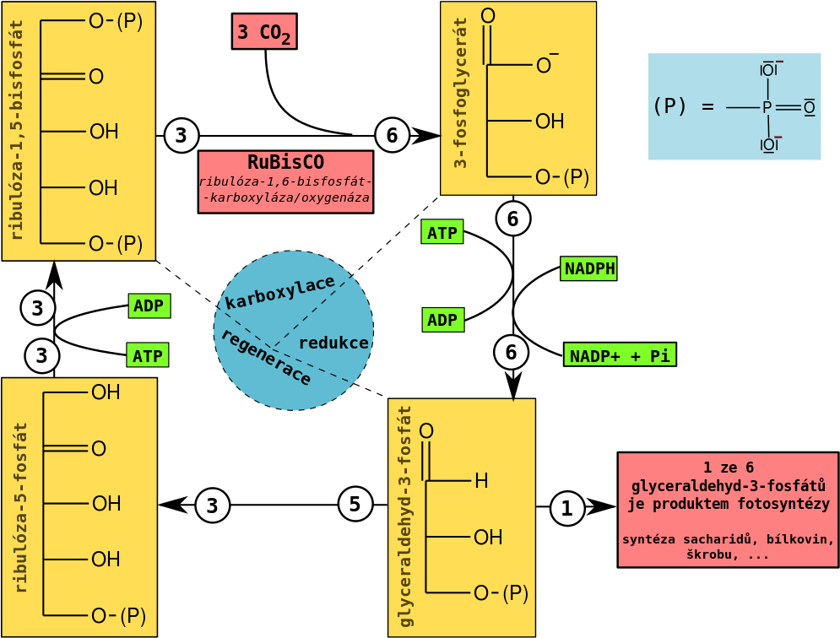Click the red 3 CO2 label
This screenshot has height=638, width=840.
[x=263, y=32]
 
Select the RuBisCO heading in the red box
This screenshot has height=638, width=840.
[x=285, y=162]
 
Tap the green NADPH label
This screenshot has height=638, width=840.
[x=589, y=269]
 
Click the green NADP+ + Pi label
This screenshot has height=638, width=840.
[x=620, y=355]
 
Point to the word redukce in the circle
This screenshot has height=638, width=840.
[x=333, y=343]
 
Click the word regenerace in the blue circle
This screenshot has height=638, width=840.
[x=265, y=358]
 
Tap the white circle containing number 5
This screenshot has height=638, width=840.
[x=355, y=504]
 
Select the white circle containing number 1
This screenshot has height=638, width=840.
[x=566, y=509]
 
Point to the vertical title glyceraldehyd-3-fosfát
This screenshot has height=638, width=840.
[x=406, y=516]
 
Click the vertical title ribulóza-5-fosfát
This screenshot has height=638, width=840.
[x=20, y=507]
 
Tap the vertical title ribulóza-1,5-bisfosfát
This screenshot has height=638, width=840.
[x=17, y=130]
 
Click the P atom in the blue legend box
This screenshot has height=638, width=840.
[x=767, y=108]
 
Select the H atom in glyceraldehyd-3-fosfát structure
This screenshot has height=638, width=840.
[x=481, y=482]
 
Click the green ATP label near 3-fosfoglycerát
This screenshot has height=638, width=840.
[x=442, y=233]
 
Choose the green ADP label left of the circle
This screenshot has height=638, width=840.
[x=149, y=305]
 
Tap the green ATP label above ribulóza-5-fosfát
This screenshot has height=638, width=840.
[x=148, y=355]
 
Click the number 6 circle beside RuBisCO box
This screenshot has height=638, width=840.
[x=392, y=135]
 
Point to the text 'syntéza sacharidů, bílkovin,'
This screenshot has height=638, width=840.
[x=728, y=539]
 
